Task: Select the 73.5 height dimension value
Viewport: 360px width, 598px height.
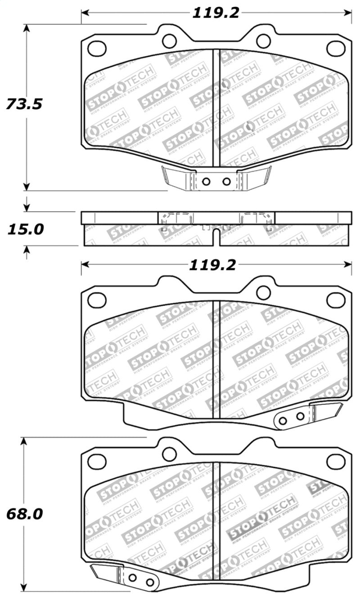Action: coord(24,104)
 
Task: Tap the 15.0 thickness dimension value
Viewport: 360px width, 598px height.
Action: coord(25,229)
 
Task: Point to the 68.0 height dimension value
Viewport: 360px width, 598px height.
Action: coord(24,514)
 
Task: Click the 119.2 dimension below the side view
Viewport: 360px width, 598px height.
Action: coord(212,265)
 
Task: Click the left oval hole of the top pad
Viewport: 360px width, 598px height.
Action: coord(97,48)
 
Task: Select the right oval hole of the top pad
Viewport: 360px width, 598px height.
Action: coord(336,48)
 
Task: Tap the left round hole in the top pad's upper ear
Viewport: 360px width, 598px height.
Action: coord(169,41)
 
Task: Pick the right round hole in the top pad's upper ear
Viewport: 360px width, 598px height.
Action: coord(263,41)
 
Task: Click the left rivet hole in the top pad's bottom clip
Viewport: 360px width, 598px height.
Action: coord(207,182)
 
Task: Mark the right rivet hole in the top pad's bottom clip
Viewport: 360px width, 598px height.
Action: coord(226,182)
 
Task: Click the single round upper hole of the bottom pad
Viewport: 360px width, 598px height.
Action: coord(169,454)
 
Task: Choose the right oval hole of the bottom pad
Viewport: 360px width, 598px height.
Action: coord(336,461)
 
